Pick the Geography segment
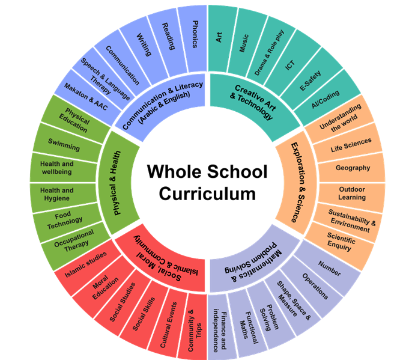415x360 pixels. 353,168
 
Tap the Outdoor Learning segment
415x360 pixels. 352,193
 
